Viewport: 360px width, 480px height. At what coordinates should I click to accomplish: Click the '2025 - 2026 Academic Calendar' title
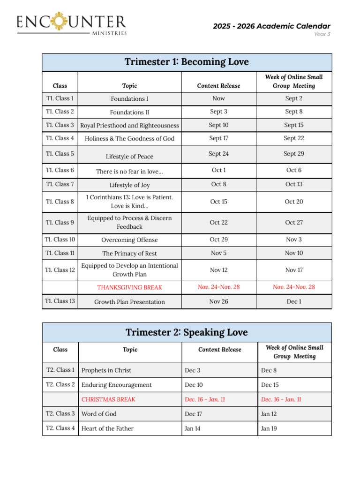[271, 26]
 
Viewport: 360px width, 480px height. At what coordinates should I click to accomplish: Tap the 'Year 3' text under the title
[322, 34]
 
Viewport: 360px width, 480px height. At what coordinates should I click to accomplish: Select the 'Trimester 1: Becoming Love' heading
[187, 62]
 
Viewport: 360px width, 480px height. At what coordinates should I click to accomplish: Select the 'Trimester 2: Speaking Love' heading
[187, 332]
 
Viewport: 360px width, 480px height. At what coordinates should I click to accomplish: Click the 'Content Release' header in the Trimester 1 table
[218, 86]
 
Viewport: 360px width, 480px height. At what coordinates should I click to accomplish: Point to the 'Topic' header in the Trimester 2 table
[130, 350]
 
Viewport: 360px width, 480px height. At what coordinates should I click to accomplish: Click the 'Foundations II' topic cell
[129, 112]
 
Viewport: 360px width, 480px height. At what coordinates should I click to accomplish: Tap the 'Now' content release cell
[218, 98]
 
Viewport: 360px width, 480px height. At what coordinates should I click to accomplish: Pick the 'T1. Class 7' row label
[60, 184]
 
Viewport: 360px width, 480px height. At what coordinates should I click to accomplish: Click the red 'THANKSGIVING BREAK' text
[129, 287]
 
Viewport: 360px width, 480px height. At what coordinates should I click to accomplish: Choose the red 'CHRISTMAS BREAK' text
[108, 399]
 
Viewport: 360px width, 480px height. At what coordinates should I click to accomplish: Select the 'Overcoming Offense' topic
[129, 240]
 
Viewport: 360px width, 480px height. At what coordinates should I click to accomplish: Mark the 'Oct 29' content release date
[218, 240]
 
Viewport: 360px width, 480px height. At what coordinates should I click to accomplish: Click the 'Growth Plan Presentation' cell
[129, 302]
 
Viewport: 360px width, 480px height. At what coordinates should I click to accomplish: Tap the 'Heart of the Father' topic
[107, 428]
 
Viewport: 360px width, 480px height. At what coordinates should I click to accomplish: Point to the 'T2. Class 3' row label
[60, 413]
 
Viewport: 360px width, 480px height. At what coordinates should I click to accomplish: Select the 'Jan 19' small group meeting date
[269, 428]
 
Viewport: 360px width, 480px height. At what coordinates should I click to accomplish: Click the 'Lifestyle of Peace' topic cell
[129, 157]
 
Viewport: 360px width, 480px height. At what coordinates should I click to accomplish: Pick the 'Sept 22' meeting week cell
[294, 138]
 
